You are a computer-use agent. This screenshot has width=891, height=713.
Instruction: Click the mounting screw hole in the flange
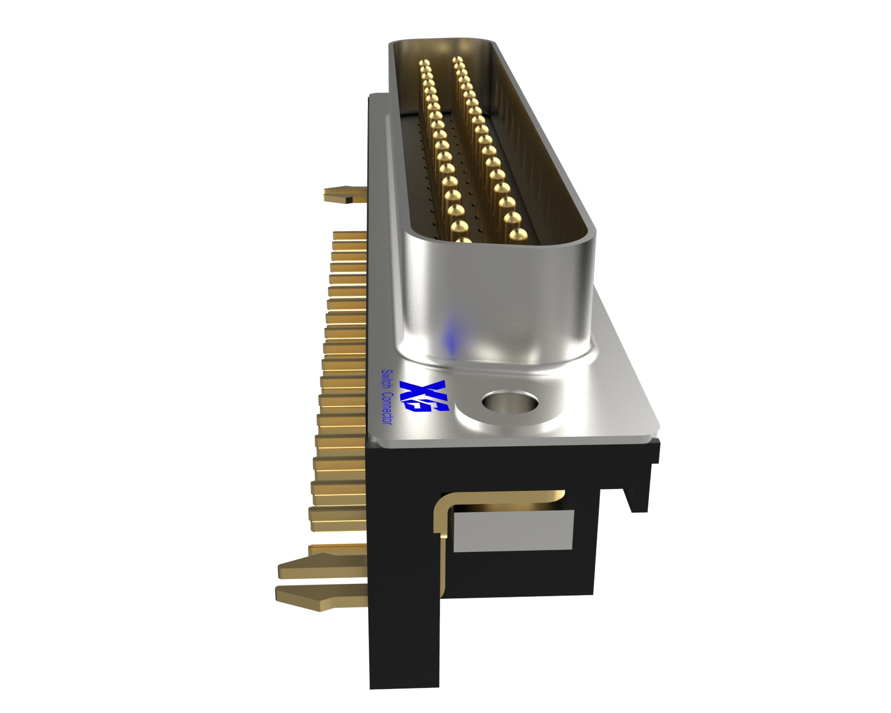click(x=510, y=403)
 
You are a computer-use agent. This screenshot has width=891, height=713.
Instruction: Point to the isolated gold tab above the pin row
click(x=344, y=195)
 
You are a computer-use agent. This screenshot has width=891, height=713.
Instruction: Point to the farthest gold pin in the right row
click(x=457, y=59)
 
